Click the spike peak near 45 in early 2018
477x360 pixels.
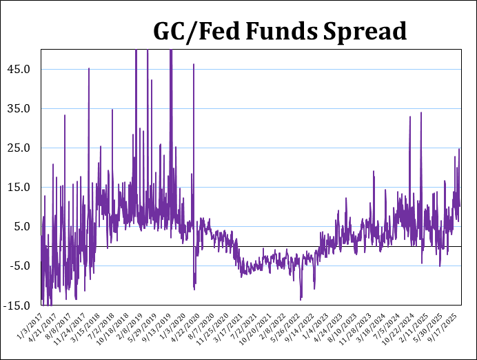point(89,68)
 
